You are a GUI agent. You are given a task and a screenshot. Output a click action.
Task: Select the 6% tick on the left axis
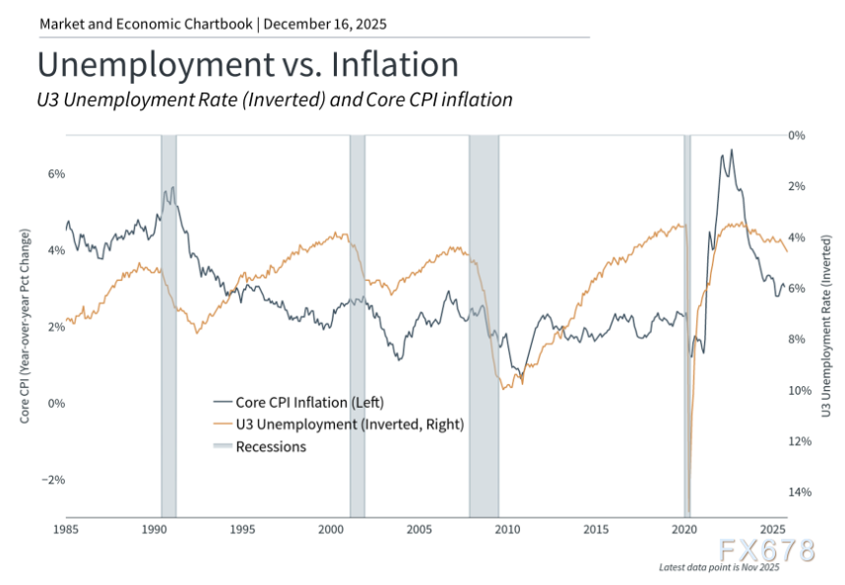pos(57,173)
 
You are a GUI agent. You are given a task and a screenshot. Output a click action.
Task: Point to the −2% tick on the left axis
pos(53,480)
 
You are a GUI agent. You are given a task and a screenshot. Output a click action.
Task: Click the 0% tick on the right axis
pos(798,135)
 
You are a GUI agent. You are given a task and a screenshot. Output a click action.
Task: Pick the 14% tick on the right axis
pos(798,492)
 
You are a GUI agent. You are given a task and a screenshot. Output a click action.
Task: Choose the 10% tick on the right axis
pos(798,390)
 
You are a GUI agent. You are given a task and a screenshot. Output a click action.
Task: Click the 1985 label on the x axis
pos(66,529)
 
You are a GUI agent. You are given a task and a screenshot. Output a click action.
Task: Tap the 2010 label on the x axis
pos(507,529)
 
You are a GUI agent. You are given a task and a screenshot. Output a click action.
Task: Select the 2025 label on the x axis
pos(772,529)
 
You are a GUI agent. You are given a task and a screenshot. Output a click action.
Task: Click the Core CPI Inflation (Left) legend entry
pos(298,402)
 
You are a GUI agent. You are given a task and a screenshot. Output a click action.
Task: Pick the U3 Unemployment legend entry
pos(338,424)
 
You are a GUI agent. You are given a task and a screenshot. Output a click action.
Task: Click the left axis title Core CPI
pos(26,326)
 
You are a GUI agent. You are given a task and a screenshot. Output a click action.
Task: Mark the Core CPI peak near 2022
pos(731,151)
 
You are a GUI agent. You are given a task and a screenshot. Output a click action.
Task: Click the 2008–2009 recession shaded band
pos(484,295)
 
